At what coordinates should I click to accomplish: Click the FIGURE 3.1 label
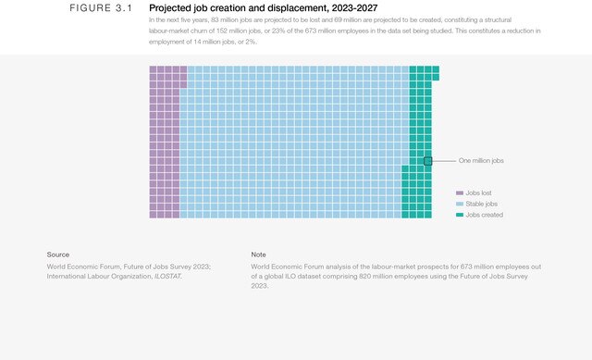pos(102,8)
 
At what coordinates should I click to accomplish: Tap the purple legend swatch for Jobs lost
pos(459,192)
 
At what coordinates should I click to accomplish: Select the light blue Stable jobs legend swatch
pos(459,204)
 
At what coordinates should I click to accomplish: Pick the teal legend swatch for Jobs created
pos(459,215)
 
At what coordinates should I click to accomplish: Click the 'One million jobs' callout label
pos(481,161)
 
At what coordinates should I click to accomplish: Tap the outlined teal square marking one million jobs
pos(428,161)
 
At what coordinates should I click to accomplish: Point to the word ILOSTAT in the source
pos(168,276)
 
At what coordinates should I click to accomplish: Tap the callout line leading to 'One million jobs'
pos(444,161)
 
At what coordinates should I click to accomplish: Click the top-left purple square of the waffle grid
pos(154,69)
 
